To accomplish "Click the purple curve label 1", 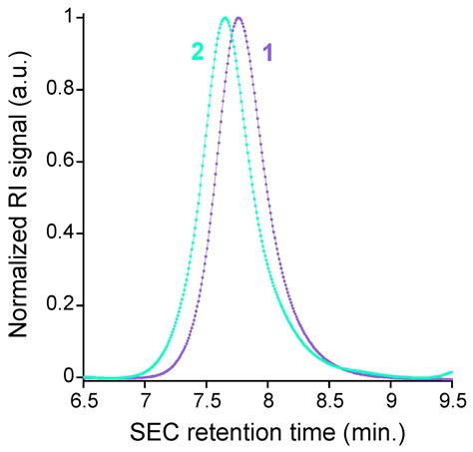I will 267,52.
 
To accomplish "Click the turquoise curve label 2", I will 198,52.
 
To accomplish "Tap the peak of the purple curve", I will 238,18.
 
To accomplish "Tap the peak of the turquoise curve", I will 225,18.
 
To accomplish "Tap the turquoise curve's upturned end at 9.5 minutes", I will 451,372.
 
